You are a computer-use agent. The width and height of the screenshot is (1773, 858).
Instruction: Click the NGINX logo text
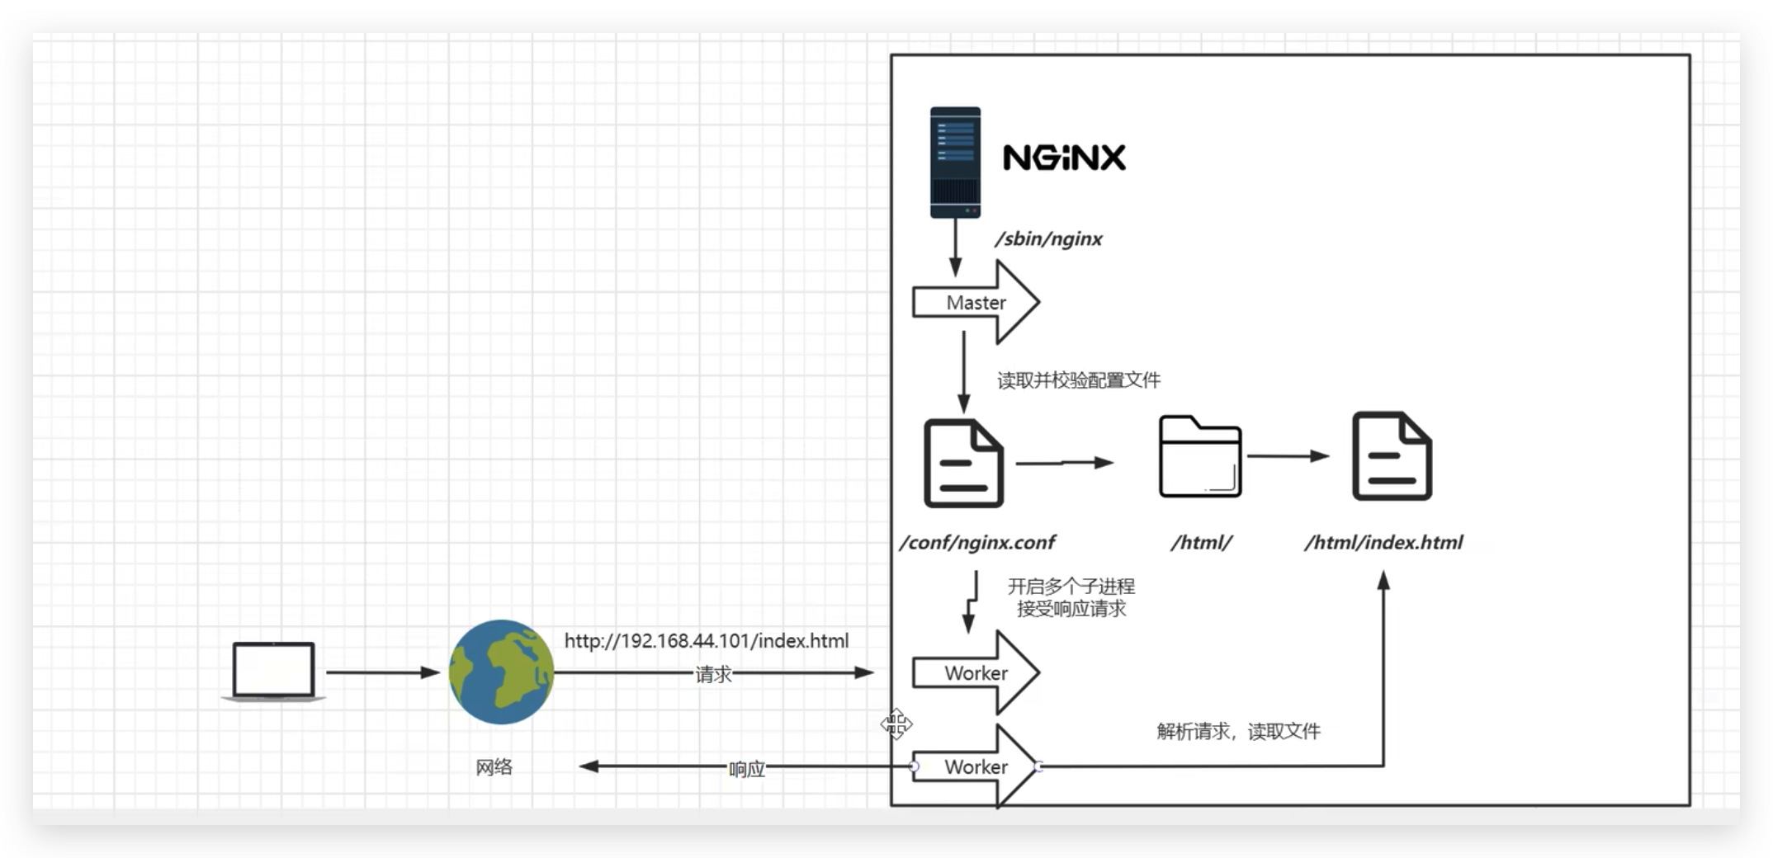(x=1063, y=158)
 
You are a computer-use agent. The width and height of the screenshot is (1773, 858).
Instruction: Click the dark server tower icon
(x=955, y=163)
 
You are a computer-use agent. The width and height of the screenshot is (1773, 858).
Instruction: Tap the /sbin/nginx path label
(x=1048, y=239)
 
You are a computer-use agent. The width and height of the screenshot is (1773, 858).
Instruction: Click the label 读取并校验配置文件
(x=1078, y=380)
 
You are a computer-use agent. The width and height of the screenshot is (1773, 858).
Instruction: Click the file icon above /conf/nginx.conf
(x=963, y=464)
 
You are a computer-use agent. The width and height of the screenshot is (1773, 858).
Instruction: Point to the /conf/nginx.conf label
(x=977, y=543)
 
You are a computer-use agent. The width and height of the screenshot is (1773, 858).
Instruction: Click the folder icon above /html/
(x=1199, y=457)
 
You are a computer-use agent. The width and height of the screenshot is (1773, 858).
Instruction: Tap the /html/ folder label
(x=1201, y=543)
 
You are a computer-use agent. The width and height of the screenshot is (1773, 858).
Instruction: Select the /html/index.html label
(x=1383, y=543)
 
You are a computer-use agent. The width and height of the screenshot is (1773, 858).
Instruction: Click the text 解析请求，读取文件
(x=1238, y=731)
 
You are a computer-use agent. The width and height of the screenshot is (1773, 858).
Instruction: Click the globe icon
(x=501, y=672)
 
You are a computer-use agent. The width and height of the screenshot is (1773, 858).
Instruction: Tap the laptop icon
(x=273, y=672)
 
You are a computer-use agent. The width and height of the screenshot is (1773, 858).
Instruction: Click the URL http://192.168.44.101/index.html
(x=706, y=641)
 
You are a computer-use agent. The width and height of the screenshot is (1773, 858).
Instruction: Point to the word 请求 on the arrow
(x=713, y=675)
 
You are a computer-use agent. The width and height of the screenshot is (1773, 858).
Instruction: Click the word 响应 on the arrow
(x=746, y=769)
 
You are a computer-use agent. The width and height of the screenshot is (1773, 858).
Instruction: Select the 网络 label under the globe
(x=494, y=767)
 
